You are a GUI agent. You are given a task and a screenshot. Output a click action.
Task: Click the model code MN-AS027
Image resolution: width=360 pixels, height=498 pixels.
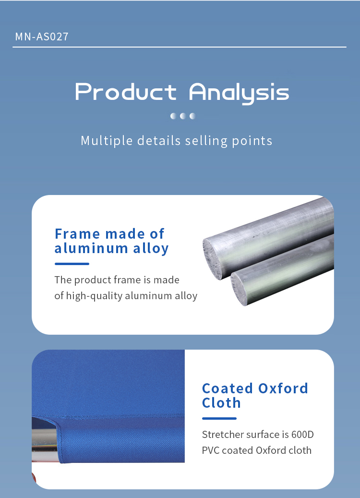click(x=42, y=36)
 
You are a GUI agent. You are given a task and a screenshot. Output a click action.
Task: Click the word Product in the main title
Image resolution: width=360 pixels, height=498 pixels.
click(x=126, y=92)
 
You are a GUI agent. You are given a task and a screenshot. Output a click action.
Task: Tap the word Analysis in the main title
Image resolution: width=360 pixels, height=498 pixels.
click(x=239, y=93)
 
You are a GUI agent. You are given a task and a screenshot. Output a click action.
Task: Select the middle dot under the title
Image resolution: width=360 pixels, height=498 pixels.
click(x=183, y=116)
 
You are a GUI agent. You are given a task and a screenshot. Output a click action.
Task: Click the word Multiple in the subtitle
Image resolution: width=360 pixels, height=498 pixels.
click(x=107, y=141)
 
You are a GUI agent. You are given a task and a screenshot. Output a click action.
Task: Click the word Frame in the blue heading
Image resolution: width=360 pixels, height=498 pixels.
click(x=78, y=234)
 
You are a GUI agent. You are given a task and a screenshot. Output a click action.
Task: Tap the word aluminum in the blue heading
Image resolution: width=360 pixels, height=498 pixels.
click(x=91, y=248)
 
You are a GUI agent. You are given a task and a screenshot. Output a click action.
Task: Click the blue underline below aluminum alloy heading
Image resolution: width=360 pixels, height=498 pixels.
click(x=72, y=264)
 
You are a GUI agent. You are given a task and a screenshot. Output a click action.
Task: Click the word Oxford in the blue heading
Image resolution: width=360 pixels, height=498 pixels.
click(x=283, y=389)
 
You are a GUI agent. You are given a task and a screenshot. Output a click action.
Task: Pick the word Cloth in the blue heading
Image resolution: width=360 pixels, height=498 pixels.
click(x=221, y=403)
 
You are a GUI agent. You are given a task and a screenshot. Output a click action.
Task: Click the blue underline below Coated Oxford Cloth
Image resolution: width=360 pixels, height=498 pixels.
click(x=219, y=418)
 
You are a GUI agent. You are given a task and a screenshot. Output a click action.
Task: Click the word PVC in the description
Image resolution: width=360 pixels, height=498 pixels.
click(x=211, y=450)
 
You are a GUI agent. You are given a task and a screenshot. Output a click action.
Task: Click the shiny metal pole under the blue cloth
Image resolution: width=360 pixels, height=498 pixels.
click(x=45, y=440)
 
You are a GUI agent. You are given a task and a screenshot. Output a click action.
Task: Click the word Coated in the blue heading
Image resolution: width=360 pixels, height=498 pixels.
click(x=228, y=389)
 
